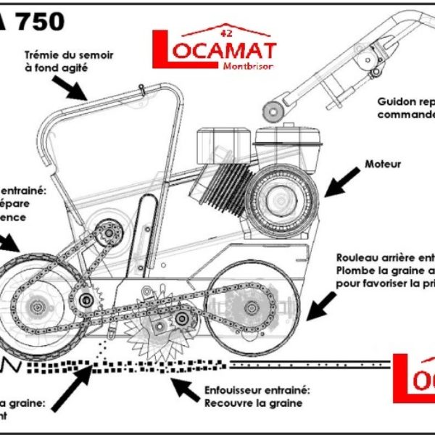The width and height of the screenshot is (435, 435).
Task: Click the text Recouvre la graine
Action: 253,403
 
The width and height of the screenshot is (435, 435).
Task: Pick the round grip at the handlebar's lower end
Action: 273,111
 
